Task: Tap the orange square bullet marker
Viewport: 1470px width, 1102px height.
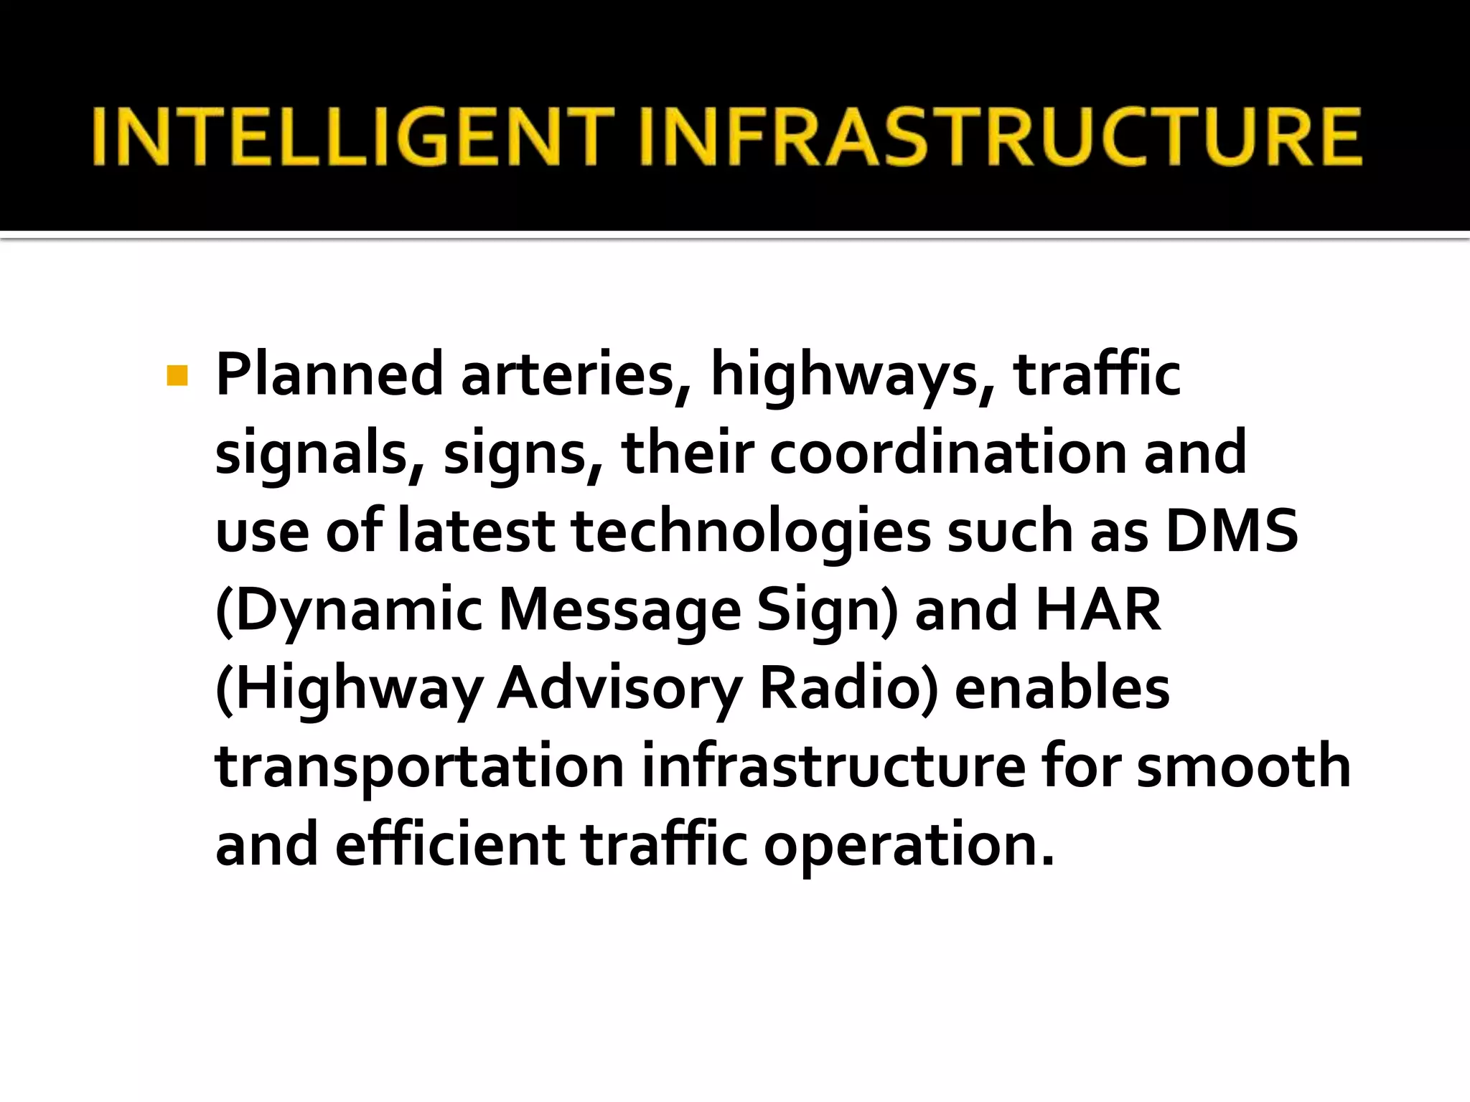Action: pyautogui.click(x=177, y=376)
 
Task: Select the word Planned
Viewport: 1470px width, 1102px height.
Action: pyautogui.click(x=329, y=375)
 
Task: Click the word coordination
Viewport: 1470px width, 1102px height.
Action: pyautogui.click(x=948, y=453)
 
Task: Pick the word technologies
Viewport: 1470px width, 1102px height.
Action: pyautogui.click(x=751, y=532)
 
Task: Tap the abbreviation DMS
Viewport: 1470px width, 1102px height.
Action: pyautogui.click(x=1232, y=531)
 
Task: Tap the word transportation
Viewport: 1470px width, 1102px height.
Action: pyautogui.click(x=420, y=766)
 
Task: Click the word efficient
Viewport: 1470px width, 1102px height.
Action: pyautogui.click(x=449, y=844)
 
